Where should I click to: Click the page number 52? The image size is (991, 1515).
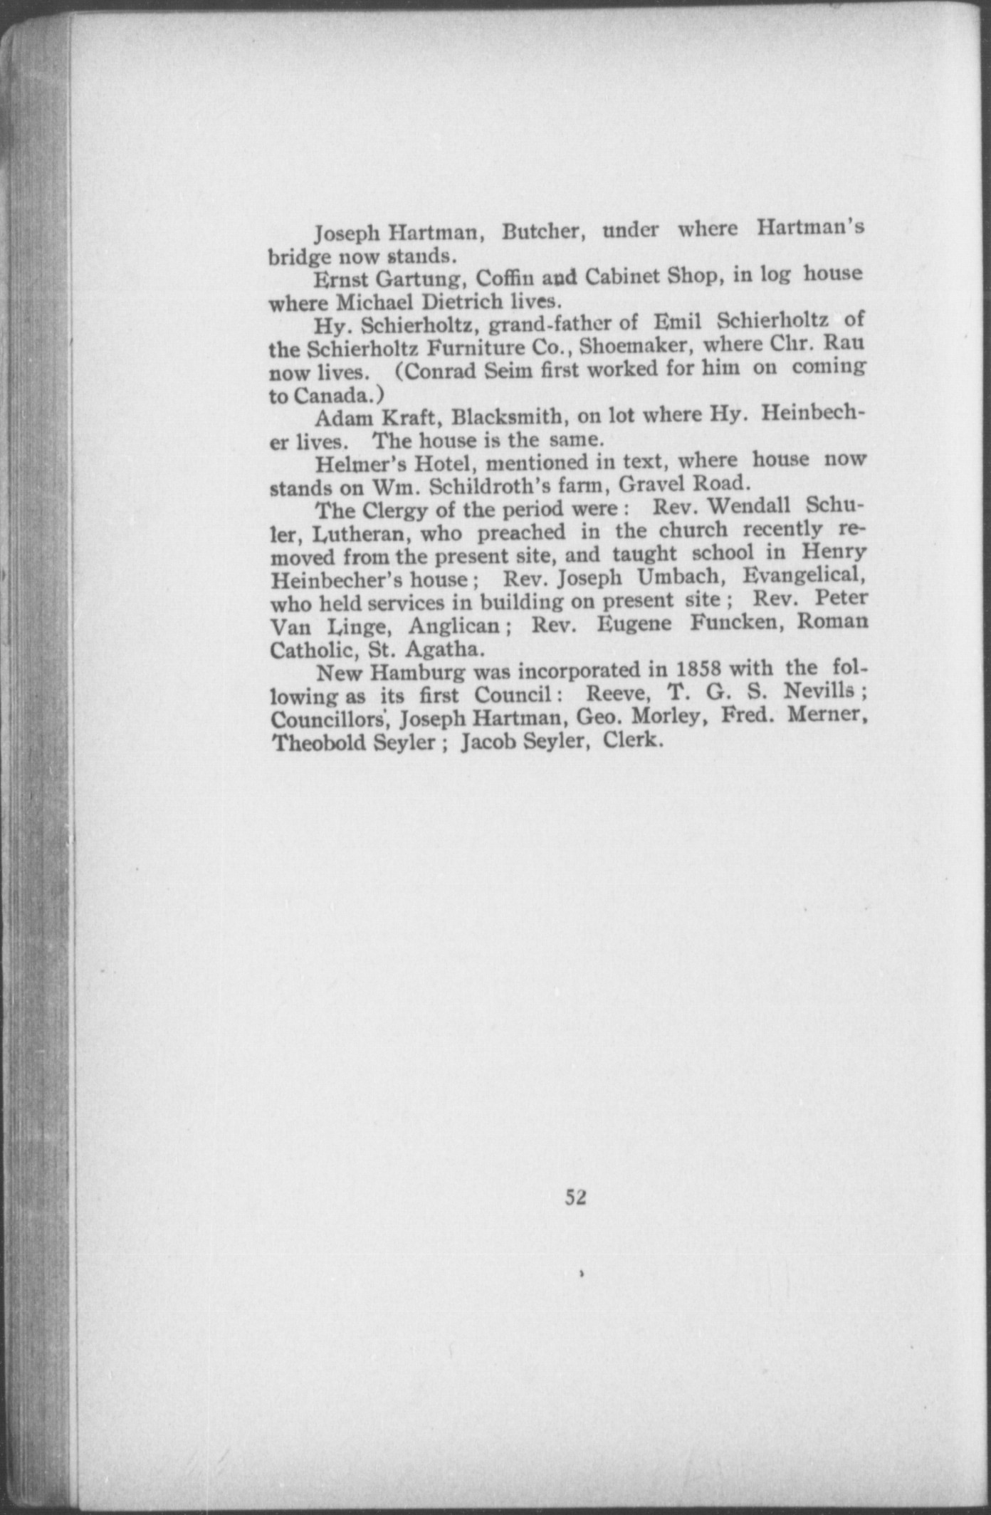click(575, 1197)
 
